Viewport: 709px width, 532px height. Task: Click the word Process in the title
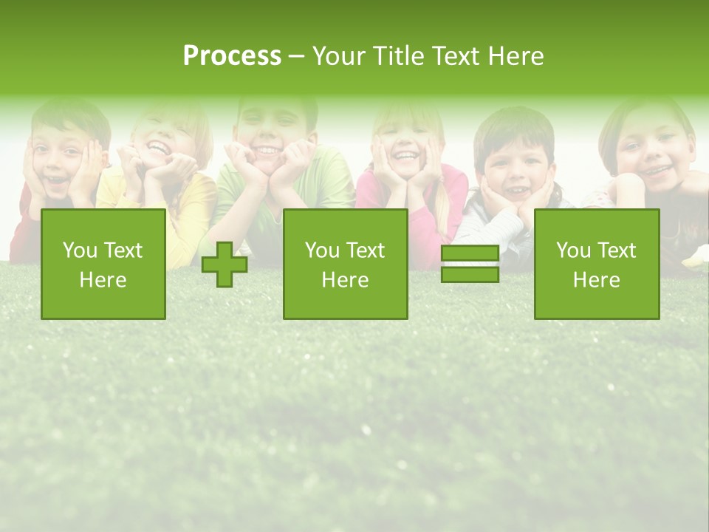232,56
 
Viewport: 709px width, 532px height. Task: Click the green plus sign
225,265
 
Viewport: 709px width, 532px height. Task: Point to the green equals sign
470,264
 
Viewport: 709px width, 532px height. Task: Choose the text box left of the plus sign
103,264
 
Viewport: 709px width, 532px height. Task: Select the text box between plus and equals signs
345,264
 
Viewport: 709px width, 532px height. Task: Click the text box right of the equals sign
596,264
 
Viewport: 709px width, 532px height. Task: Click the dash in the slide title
296,56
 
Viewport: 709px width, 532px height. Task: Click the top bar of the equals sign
470,253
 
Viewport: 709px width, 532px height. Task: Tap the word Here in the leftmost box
103,279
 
